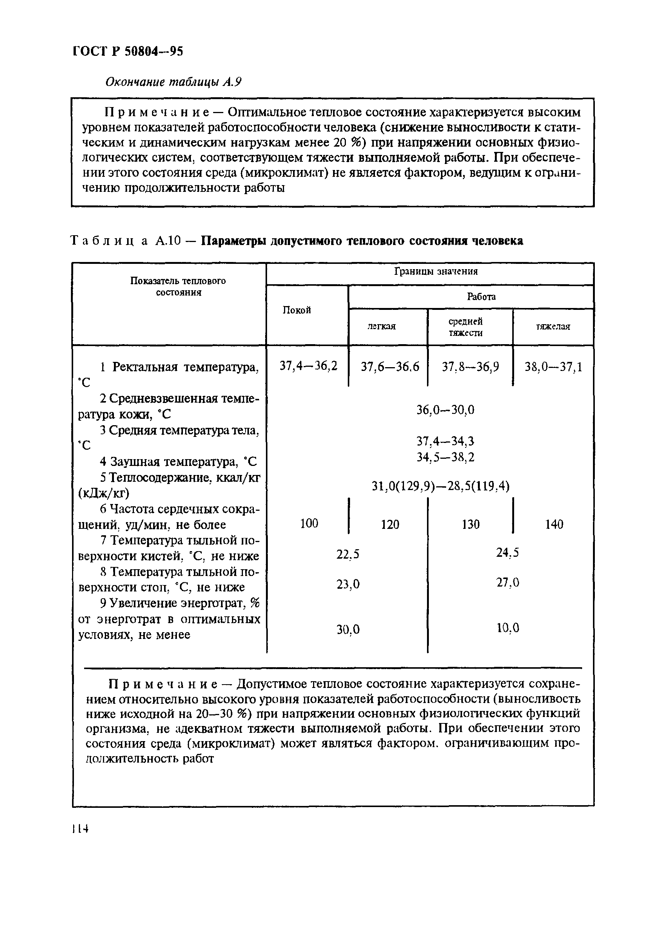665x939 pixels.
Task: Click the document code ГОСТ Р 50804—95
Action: click(128, 51)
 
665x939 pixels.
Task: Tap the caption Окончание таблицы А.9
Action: click(173, 82)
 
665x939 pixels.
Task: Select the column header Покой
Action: click(297, 310)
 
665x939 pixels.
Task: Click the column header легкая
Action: click(381, 326)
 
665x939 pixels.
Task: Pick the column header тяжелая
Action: click(553, 326)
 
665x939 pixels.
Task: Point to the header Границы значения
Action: click(436, 272)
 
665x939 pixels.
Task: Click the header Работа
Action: click(481, 297)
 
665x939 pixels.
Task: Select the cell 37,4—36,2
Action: click(308, 366)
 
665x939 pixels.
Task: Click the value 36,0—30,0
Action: click(445, 409)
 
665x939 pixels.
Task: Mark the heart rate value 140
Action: click(554, 524)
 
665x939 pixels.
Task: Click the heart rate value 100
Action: click(309, 523)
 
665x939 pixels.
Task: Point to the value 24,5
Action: click(507, 553)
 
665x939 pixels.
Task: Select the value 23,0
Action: click(348, 584)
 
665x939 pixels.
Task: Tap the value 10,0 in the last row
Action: click(508, 628)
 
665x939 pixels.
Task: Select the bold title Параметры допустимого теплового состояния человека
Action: click(362, 240)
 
